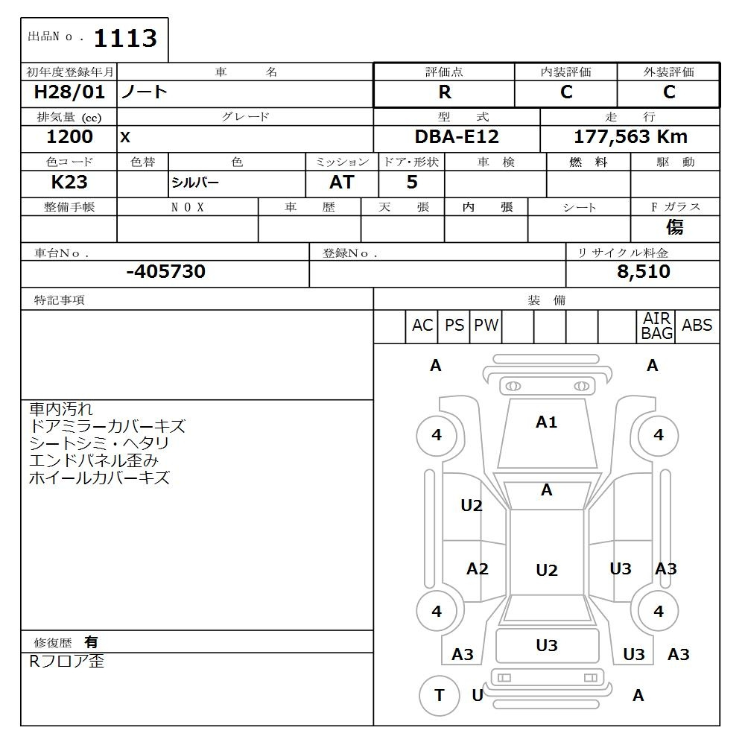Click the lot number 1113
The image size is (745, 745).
point(124,39)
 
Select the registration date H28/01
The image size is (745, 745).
point(69,93)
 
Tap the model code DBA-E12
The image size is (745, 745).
point(457,137)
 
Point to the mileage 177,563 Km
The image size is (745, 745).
point(630,137)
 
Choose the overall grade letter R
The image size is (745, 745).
point(444,92)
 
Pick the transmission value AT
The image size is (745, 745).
point(342,183)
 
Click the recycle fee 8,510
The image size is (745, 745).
point(643,272)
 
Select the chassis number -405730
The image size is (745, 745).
point(165,272)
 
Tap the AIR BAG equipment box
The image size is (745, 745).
point(656,326)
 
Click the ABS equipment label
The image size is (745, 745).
point(697,326)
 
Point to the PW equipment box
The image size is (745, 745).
point(486,326)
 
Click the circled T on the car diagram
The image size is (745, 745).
point(440,695)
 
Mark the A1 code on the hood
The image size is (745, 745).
point(546,422)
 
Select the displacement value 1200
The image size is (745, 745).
point(69,137)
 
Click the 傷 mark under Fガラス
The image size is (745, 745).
point(674,227)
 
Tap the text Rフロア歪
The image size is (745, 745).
point(66,661)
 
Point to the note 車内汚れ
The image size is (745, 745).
point(61,409)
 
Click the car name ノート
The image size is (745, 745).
point(145,93)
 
